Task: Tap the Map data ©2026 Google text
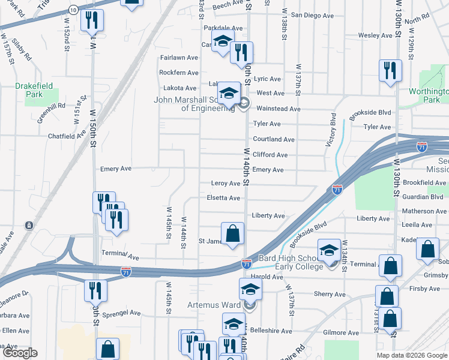click(x=412, y=355)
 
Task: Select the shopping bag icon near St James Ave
click(x=232, y=233)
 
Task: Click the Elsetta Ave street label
click(x=223, y=198)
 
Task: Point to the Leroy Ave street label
click(x=226, y=184)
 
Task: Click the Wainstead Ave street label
click(x=278, y=109)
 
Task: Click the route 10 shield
click(x=72, y=10)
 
